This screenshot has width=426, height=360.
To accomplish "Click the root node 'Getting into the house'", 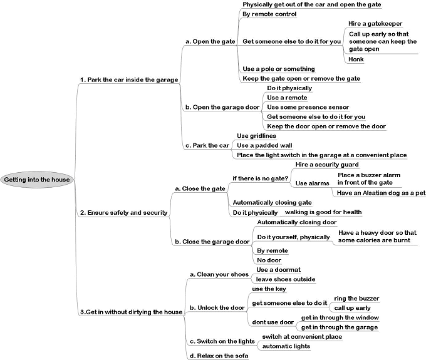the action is click(37, 180).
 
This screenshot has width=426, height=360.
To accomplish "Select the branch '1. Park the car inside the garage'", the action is click(129, 80).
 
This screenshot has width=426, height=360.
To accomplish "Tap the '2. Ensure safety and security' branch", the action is click(123, 213).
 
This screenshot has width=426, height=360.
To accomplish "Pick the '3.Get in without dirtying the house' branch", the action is click(131, 312).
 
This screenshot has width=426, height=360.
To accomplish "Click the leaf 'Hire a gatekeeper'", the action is click(375, 24).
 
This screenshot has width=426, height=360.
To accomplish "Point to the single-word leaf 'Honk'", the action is click(356, 59).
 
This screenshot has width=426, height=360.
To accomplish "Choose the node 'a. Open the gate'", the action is click(210, 41).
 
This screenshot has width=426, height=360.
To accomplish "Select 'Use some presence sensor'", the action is click(308, 107).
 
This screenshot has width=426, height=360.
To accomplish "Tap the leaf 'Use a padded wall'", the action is click(264, 145).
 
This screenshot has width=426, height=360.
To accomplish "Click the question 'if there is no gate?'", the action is click(260, 178).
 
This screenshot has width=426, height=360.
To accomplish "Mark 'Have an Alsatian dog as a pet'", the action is click(381, 193).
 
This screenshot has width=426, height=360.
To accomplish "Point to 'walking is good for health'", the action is click(323, 212).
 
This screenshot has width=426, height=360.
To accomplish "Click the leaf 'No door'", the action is click(269, 260).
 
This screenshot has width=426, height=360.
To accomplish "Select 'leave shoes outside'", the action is click(286, 279).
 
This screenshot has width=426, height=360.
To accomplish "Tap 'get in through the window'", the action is click(340, 317).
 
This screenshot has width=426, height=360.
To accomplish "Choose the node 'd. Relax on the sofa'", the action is click(219, 356).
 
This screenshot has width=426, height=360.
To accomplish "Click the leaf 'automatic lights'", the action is click(286, 346).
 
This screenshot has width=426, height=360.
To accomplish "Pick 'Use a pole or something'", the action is click(279, 69).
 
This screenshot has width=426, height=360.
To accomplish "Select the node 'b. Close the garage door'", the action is click(212, 242).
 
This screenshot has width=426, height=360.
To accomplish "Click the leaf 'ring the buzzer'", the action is click(356, 299).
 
